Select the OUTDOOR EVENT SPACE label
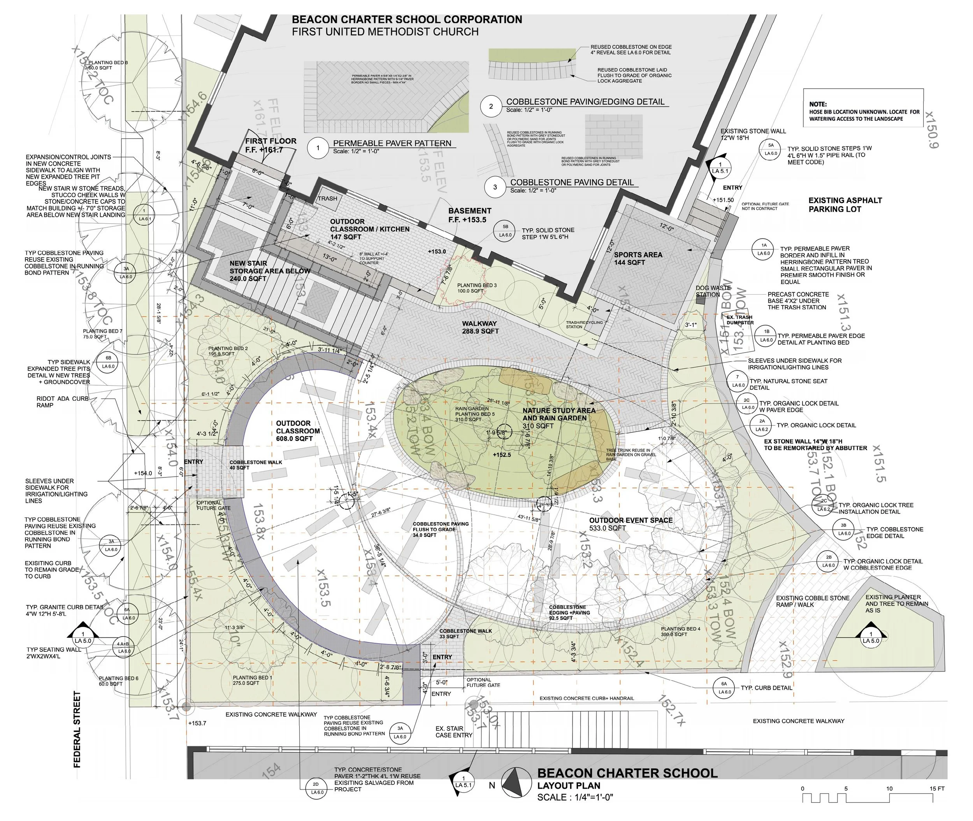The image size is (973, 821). point(631,524)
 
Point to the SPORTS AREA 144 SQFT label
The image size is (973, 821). point(638,258)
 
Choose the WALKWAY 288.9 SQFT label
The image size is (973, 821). point(479,327)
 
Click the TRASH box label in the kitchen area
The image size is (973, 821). point(327,198)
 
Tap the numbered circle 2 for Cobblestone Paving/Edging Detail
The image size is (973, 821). point(491,107)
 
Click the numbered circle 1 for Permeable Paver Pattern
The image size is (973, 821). point(318,148)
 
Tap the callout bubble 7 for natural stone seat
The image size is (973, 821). point(738,381)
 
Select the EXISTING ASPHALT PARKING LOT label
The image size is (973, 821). point(845,205)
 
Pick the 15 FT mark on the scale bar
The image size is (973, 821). point(937,789)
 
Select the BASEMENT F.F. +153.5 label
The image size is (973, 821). point(470,215)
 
